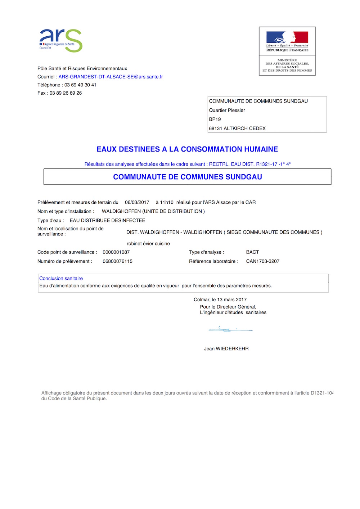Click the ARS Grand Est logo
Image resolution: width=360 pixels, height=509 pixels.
click(60, 40)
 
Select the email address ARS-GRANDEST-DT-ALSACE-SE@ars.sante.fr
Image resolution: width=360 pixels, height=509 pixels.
click(111, 77)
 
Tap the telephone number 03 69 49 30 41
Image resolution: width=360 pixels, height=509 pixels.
click(80, 85)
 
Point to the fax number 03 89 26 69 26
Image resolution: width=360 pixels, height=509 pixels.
click(66, 93)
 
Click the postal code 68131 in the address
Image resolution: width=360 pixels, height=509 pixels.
click(216, 129)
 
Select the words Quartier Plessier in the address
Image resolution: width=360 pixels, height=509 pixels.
click(227, 111)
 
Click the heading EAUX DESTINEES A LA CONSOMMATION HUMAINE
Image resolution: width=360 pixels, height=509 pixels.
click(187, 149)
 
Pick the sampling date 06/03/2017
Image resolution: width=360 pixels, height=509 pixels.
click(137, 202)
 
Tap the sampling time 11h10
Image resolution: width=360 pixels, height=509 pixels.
click(167, 202)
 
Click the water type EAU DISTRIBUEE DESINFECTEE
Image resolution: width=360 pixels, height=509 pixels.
click(107, 220)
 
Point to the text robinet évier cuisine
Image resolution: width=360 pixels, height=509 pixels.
click(148, 244)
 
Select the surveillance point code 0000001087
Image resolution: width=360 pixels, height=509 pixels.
click(116, 252)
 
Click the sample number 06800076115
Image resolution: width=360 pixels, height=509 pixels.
click(117, 261)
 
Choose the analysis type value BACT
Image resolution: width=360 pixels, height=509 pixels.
click(252, 252)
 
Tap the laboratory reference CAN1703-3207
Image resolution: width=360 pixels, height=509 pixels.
click(263, 261)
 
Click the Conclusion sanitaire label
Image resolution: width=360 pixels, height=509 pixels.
click(61, 278)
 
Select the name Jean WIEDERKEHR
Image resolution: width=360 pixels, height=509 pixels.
click(226, 348)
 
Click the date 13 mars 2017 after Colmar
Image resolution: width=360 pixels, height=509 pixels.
click(232, 299)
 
